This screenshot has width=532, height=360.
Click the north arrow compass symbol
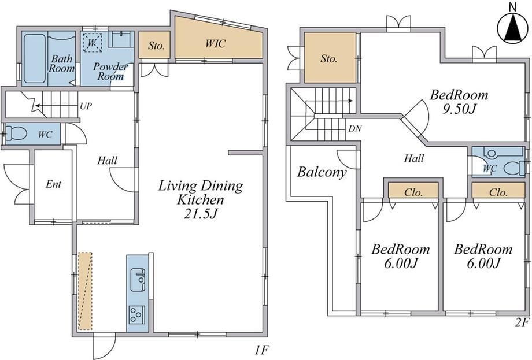513,27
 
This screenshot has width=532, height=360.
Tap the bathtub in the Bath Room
34,58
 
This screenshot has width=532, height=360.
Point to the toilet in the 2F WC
513,168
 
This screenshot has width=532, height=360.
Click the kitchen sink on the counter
138,280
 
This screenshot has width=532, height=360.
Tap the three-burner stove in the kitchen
136,315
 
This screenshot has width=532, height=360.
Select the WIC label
215,43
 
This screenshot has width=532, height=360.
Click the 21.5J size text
201,214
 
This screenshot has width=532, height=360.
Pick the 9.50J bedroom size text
460,109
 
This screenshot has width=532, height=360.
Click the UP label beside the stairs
86,106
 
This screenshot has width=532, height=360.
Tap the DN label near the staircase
355,128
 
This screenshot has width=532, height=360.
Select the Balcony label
322,172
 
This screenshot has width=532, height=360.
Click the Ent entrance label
54,184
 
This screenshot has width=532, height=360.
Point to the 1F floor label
262,350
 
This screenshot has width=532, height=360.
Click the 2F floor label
522,322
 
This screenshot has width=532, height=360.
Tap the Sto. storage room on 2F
330,57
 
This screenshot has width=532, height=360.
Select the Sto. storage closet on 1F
154,44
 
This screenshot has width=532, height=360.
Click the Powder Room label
110,71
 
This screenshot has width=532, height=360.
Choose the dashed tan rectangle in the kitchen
85,291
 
